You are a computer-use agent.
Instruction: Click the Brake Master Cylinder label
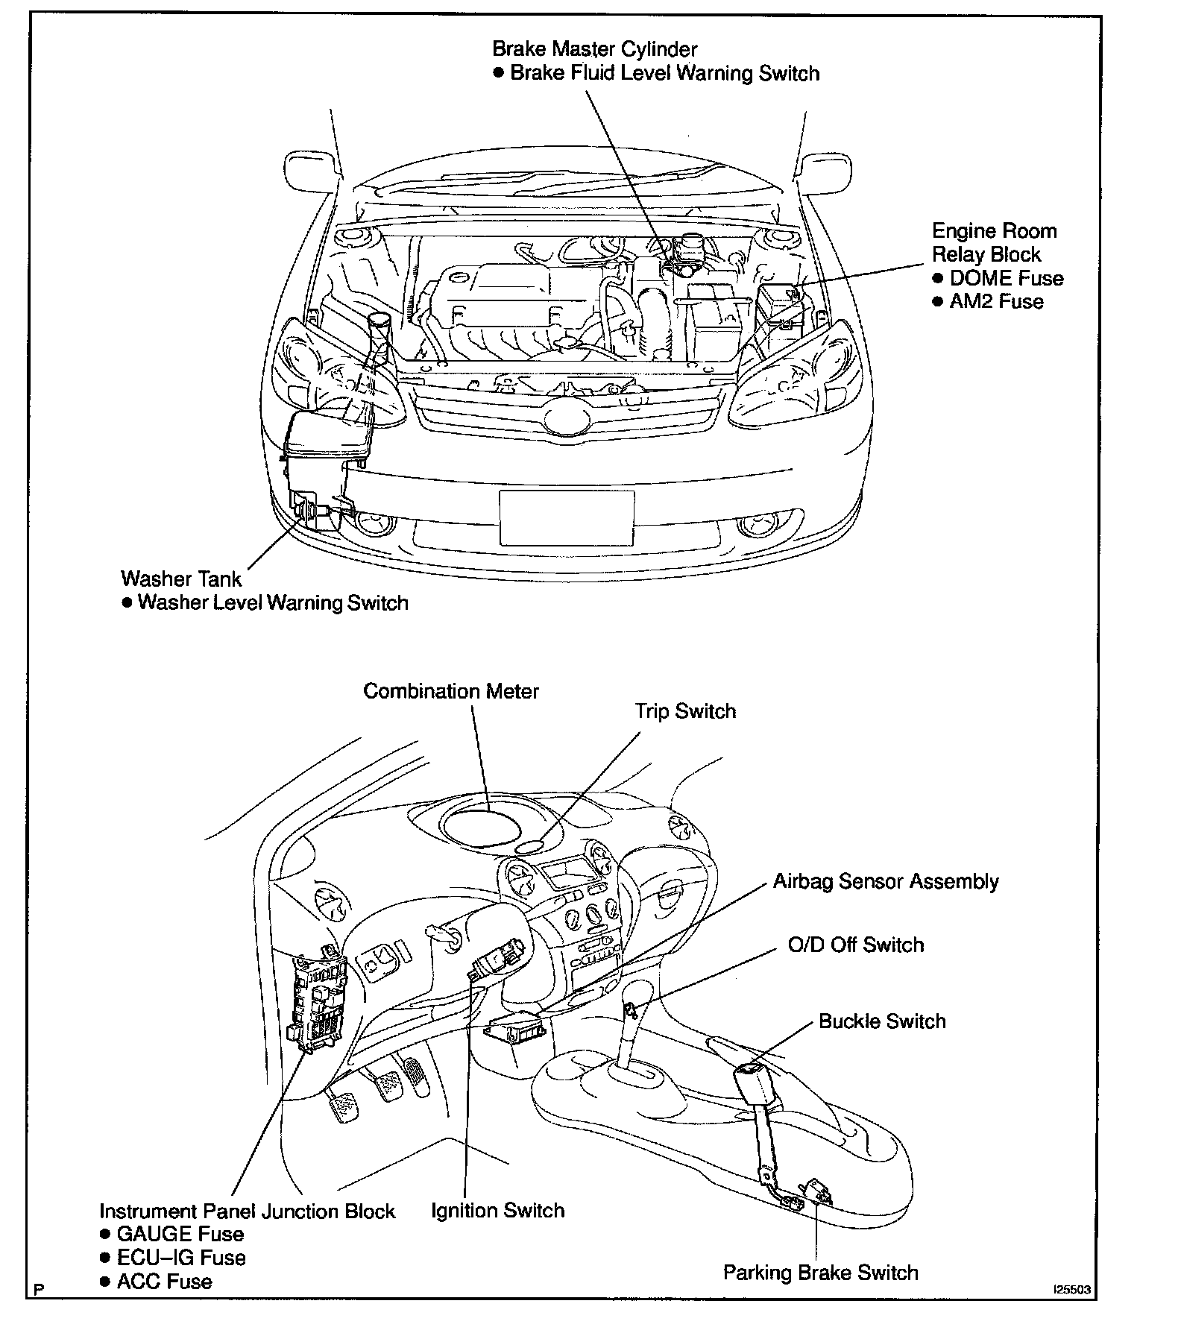coord(594,49)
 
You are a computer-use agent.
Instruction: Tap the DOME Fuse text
coord(1006,278)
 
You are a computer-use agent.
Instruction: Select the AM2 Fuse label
coord(996,302)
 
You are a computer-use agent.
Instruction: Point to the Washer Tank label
coord(181,579)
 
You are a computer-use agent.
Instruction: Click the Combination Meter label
coord(450,691)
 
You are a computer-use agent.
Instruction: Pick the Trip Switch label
coord(685,711)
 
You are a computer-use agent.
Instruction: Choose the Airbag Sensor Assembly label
coord(886,881)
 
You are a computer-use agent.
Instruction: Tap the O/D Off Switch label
coord(855,945)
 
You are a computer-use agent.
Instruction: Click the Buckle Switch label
coord(881,1021)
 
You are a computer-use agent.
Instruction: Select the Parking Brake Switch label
coord(820,1272)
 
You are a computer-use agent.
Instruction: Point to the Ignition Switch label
coord(497,1210)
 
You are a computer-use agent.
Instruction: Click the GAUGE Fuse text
coord(180,1234)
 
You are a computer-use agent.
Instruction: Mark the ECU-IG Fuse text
coord(181,1258)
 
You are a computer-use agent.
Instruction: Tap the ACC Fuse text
coord(164,1282)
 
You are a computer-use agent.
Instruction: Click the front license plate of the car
coord(567,517)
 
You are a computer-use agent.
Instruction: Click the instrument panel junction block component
coord(318,1003)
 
